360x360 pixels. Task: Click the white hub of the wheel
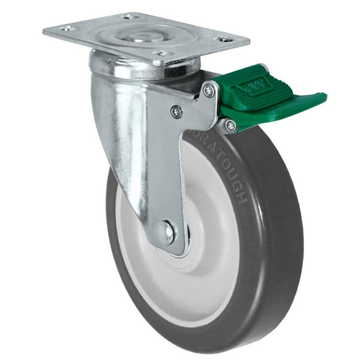pyautogui.click(x=198, y=252)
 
